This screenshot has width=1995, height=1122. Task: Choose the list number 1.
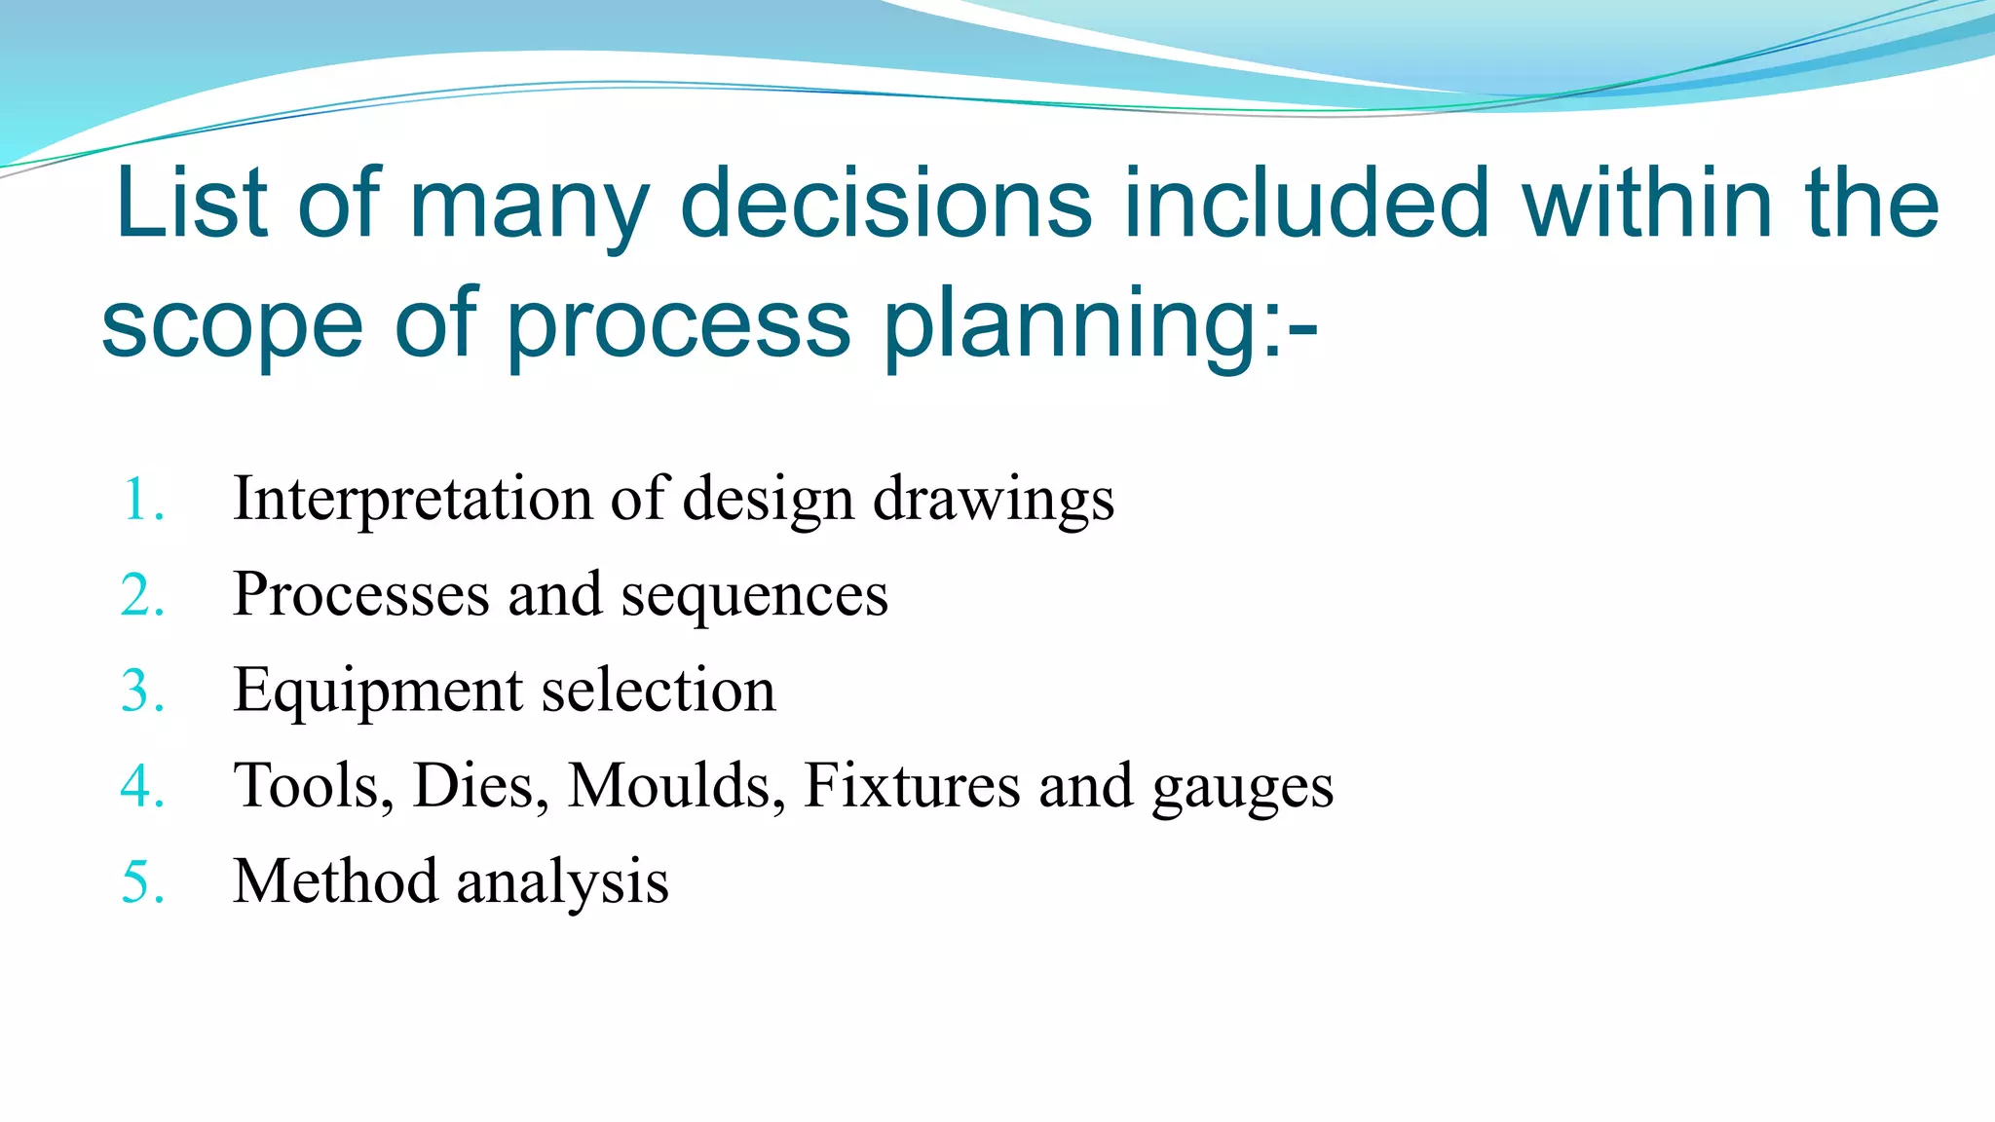coord(142,500)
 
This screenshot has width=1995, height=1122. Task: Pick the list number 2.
coord(142,595)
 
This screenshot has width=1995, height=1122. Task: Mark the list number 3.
coord(142,691)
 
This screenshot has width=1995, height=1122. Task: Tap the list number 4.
coord(142,786)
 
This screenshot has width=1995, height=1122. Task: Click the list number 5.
coord(142,881)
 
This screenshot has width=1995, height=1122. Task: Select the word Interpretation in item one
coord(413,499)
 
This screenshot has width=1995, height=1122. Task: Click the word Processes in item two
coord(361,594)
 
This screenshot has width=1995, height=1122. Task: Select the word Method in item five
coord(335,880)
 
